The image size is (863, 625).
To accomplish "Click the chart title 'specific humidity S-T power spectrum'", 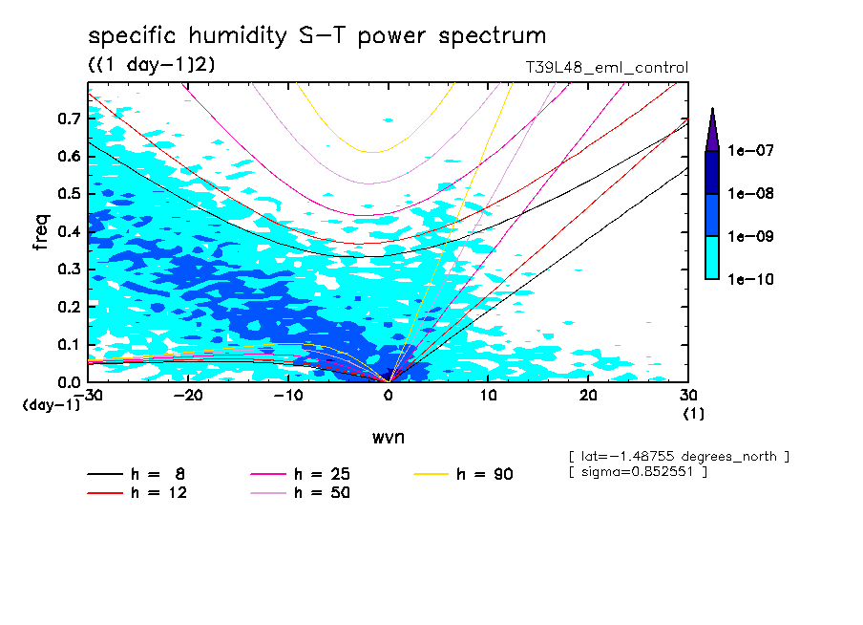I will pyautogui.click(x=317, y=36).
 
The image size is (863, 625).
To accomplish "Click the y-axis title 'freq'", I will pyautogui.click(x=41, y=232).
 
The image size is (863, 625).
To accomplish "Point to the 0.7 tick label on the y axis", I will pyautogui.click(x=67, y=119).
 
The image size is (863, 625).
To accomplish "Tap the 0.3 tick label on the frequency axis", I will pyautogui.click(x=67, y=269).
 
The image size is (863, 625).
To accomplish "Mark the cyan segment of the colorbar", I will pyautogui.click(x=712, y=257).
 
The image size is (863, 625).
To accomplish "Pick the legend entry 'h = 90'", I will pyautogui.click(x=464, y=474).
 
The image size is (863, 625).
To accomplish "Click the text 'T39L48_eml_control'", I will pyautogui.click(x=600, y=68).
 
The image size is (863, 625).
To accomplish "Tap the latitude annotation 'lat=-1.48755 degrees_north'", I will pyautogui.click(x=678, y=456).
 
